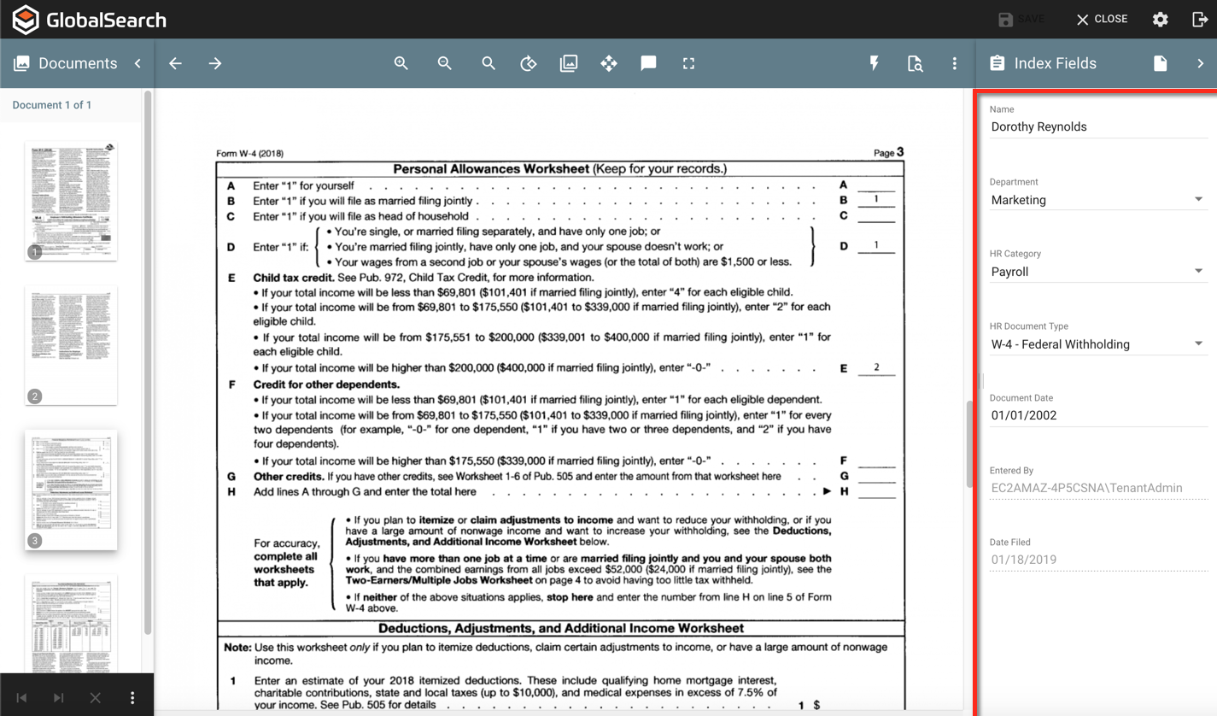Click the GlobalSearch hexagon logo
(x=26, y=20)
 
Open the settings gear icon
(x=1160, y=19)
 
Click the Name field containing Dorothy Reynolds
(x=1097, y=126)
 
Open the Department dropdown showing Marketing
(x=1097, y=200)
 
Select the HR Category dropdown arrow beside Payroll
(x=1198, y=272)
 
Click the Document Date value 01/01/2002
(x=1024, y=415)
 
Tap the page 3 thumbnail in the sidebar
(x=71, y=490)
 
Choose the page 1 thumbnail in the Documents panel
(x=71, y=201)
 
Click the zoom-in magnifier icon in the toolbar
(x=401, y=63)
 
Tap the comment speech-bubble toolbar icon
(x=648, y=63)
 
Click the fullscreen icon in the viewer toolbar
(x=688, y=63)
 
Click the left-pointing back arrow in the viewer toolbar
(x=175, y=63)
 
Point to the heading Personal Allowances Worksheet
(x=490, y=168)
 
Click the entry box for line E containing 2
(x=876, y=367)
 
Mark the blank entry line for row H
(x=876, y=491)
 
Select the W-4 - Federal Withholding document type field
(x=1097, y=344)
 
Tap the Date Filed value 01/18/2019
(x=1024, y=560)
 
